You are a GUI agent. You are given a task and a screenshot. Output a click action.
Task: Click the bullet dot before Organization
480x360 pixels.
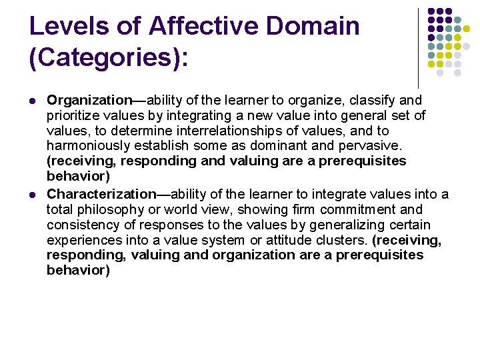[x=33, y=101]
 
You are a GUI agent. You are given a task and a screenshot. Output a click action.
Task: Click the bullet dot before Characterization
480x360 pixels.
[x=33, y=195]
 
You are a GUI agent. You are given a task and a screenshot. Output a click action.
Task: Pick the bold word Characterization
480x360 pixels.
[x=101, y=194]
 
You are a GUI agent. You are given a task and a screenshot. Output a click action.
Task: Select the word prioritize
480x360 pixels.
[x=73, y=115]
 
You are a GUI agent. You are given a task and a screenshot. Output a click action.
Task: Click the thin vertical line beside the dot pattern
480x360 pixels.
[x=418, y=47]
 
